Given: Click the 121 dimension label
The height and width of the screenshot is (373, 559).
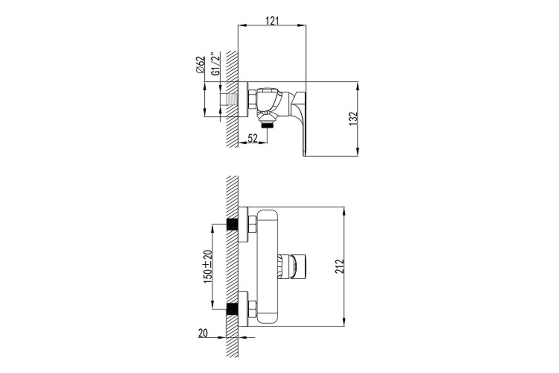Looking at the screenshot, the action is (272, 21).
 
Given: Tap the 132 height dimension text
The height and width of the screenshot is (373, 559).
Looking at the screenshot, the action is (353, 119).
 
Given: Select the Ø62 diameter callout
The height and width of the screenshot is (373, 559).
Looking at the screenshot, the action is (200, 65).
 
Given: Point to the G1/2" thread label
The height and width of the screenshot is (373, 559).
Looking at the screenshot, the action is (216, 64).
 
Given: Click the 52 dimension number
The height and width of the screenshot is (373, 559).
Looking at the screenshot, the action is (252, 138).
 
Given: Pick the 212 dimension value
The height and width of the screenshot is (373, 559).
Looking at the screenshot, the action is (340, 266).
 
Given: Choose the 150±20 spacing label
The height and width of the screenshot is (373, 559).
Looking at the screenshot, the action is (208, 267).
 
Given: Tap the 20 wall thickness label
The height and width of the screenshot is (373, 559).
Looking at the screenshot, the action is (203, 333).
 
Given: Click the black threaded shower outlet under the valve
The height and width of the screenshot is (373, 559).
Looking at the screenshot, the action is (267, 124).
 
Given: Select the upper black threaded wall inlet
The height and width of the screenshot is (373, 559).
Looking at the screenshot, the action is (232, 225).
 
